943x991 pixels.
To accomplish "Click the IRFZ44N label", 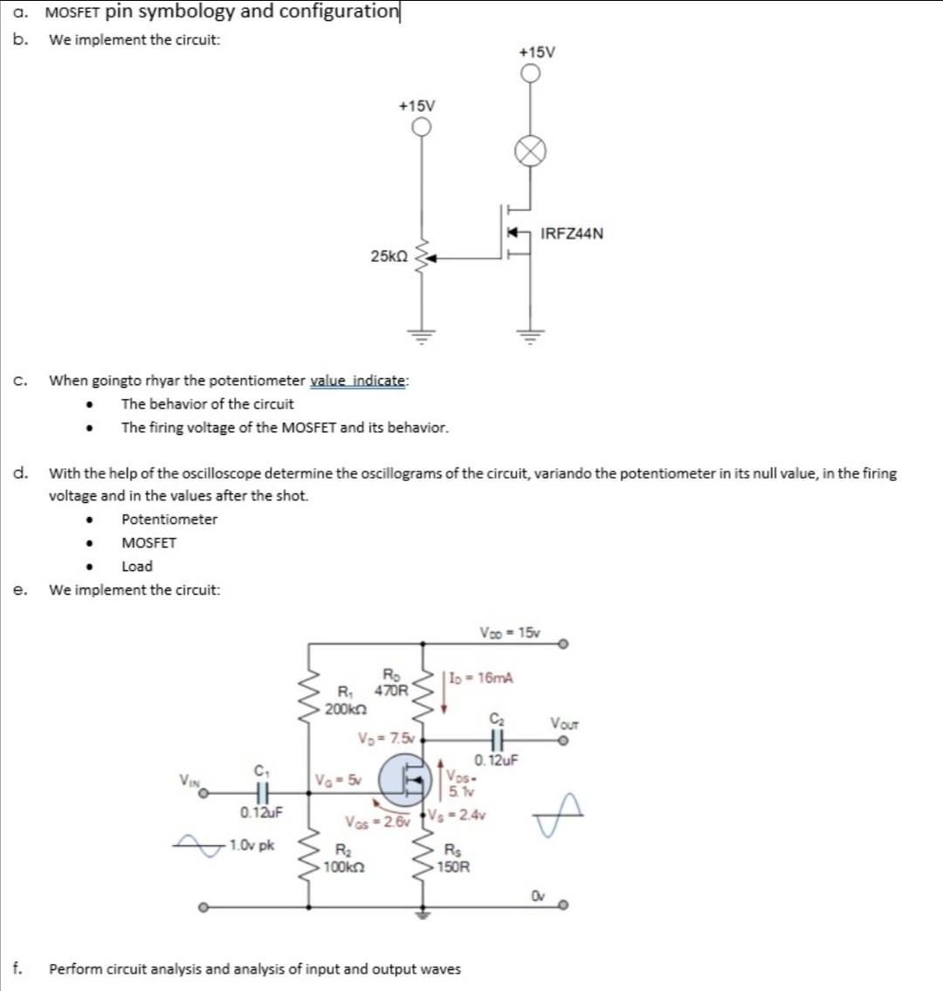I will point(572,234).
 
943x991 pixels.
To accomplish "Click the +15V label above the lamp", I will point(536,52).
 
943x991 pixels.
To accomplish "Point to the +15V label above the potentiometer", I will point(416,106).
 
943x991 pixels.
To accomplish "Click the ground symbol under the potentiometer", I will point(422,336).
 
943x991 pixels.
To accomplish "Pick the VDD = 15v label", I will point(510,632).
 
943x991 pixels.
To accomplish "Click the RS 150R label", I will point(456,860).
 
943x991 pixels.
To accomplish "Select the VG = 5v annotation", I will point(336,779).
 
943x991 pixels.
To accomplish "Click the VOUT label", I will point(563,723).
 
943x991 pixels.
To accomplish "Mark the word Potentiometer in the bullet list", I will point(169,520).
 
